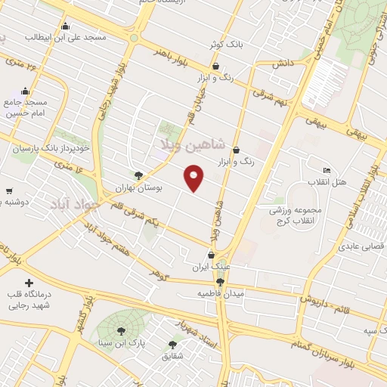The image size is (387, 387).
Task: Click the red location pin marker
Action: [x=194, y=179]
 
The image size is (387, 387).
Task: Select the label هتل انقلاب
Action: [x=327, y=182]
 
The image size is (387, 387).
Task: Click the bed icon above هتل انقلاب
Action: [x=327, y=170]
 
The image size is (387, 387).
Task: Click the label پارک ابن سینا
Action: [x=122, y=343]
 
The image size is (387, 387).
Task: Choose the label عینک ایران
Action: [x=210, y=267]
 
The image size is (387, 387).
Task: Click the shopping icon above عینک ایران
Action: [x=211, y=255]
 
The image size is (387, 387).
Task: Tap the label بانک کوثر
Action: [x=228, y=45]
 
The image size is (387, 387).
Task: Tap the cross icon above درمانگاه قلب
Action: [x=29, y=281]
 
